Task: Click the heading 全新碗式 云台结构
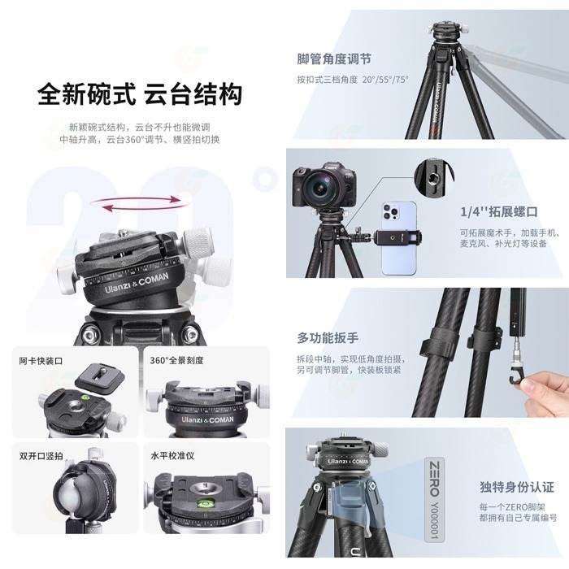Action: click(x=140, y=93)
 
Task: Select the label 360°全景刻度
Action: click(x=176, y=360)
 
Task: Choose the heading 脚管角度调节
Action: click(x=334, y=59)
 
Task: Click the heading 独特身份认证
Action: click(x=516, y=488)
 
